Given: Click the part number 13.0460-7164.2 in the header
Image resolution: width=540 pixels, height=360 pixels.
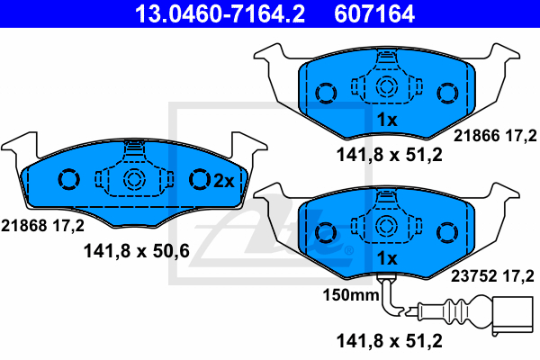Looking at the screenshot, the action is click(220, 13).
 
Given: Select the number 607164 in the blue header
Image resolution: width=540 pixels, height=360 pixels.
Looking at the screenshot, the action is click(374, 13).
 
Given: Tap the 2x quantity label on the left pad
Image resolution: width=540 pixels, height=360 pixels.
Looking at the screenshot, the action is click(224, 181).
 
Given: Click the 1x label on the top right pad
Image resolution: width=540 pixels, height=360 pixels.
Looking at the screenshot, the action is click(387, 120).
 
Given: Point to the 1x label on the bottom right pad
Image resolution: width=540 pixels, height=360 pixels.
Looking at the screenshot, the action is click(387, 258).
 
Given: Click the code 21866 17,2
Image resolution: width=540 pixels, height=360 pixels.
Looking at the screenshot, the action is click(495, 136).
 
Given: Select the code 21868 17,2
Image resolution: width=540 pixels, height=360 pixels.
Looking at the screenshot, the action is click(42, 226).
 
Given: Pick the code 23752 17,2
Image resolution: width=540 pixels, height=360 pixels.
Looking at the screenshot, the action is click(492, 276).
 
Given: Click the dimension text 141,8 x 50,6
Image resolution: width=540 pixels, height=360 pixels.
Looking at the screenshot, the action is click(137, 251).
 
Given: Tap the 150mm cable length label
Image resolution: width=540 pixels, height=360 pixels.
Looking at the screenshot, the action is click(351, 295).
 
